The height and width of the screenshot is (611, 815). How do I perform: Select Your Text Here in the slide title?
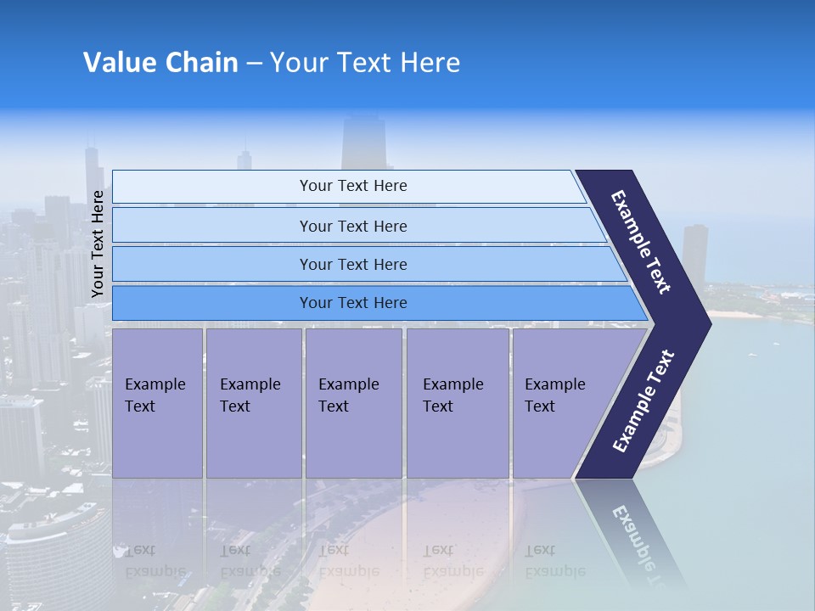(365, 63)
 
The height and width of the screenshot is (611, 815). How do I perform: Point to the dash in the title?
(254, 64)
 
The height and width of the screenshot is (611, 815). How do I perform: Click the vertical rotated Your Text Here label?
(98, 244)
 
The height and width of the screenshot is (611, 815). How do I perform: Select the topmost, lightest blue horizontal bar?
(352, 186)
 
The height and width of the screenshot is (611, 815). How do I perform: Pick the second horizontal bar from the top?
(352, 226)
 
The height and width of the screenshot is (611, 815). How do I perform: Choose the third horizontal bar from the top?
(352, 264)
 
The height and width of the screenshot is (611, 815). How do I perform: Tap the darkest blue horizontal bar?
(352, 303)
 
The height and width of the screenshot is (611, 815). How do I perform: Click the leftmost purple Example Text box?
(157, 402)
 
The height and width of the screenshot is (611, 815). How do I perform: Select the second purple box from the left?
(253, 402)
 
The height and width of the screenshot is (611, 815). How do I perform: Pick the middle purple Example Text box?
(352, 402)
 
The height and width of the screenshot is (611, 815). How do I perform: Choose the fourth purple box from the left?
(457, 402)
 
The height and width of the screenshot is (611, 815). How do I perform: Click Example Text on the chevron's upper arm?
(641, 241)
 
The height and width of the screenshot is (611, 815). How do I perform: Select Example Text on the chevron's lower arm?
(643, 401)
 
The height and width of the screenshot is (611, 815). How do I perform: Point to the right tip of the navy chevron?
(708, 322)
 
